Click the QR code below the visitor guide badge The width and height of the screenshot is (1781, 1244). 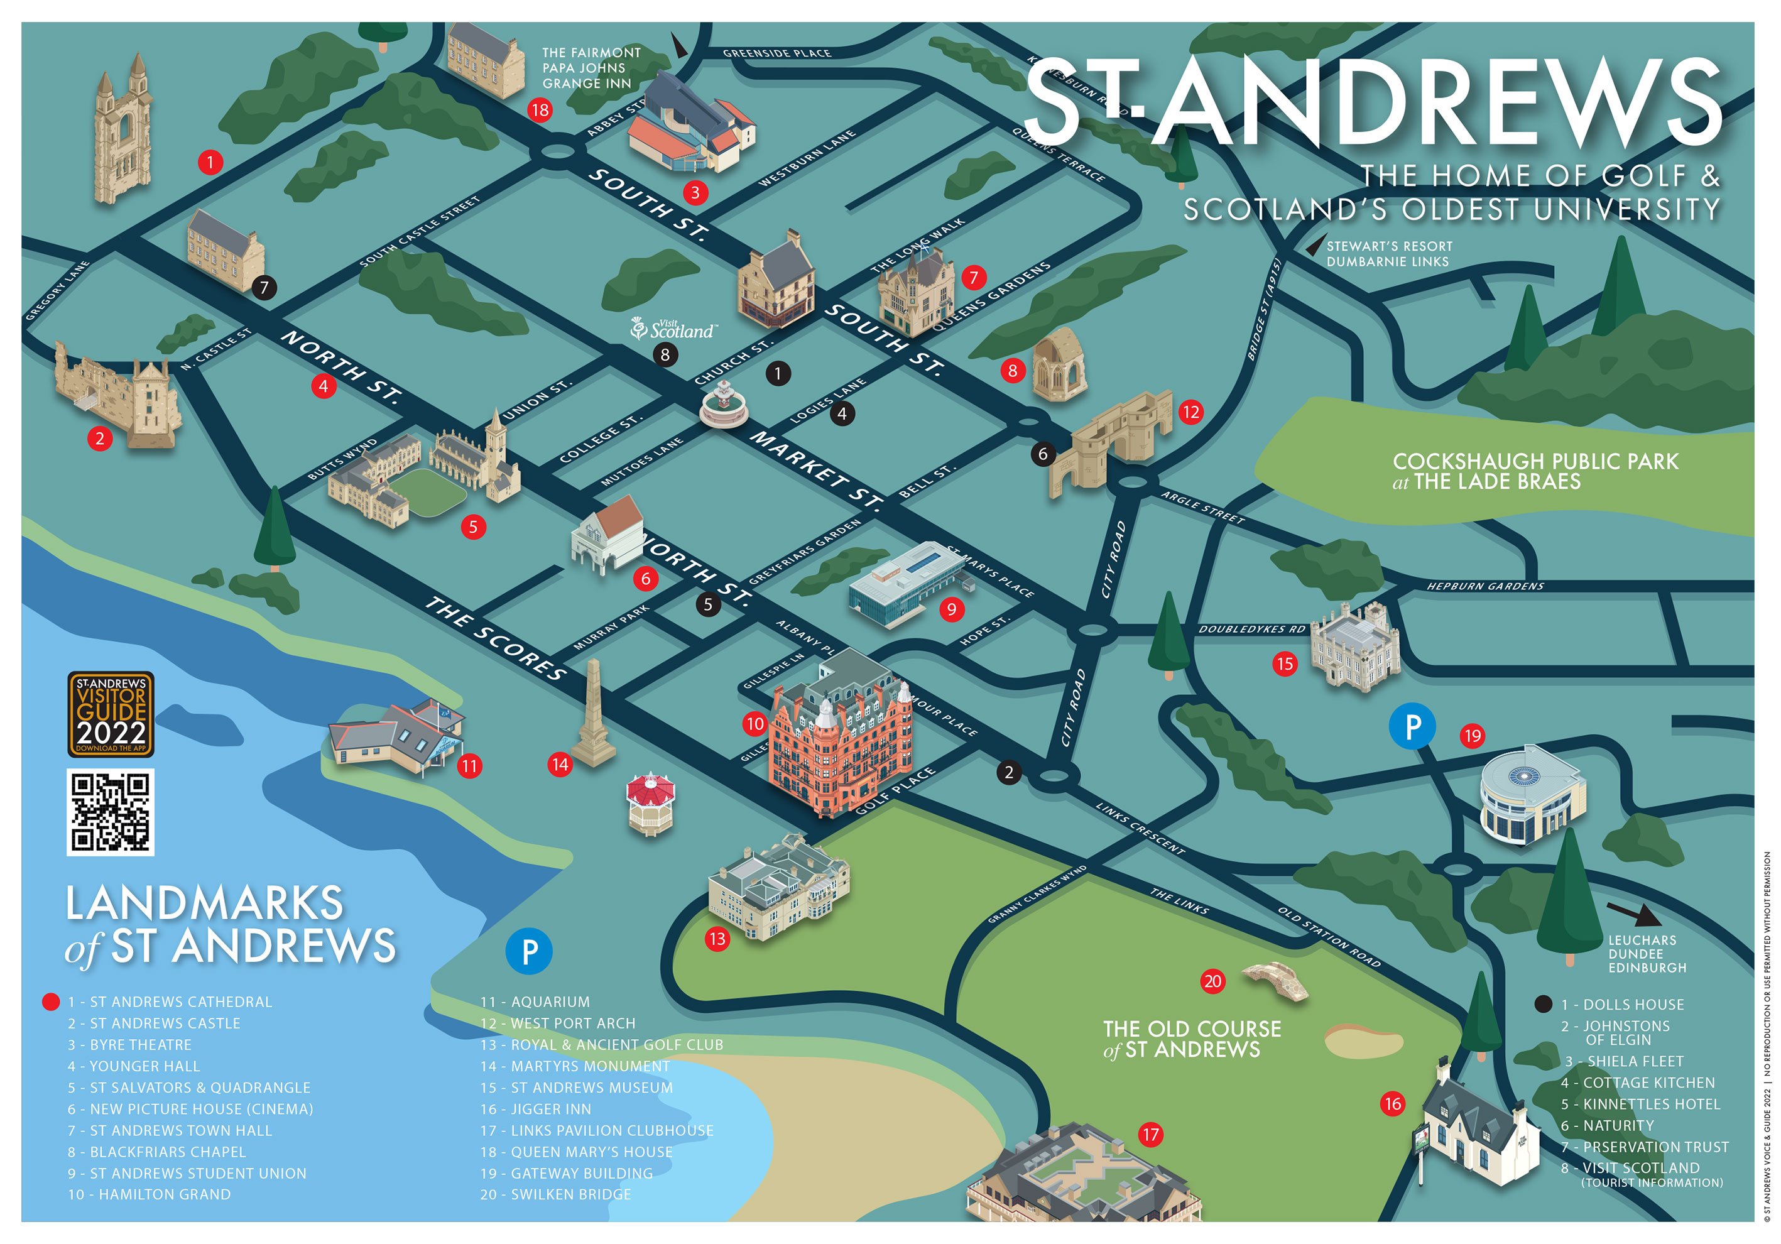point(110,812)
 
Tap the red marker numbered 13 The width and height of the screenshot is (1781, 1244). point(717,939)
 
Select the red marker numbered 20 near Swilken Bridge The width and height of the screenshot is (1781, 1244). point(1212,981)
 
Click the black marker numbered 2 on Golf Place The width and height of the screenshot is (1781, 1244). point(1008,772)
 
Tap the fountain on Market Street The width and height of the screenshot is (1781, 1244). point(723,407)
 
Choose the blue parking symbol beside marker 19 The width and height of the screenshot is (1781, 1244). point(1412,727)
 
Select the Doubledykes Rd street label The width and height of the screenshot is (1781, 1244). point(1251,629)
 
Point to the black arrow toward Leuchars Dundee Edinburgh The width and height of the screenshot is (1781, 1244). point(1633,914)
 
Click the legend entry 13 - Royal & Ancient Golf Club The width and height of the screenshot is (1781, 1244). point(601,1045)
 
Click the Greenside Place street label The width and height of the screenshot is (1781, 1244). point(776,53)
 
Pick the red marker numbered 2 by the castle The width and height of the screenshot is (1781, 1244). point(99,439)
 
